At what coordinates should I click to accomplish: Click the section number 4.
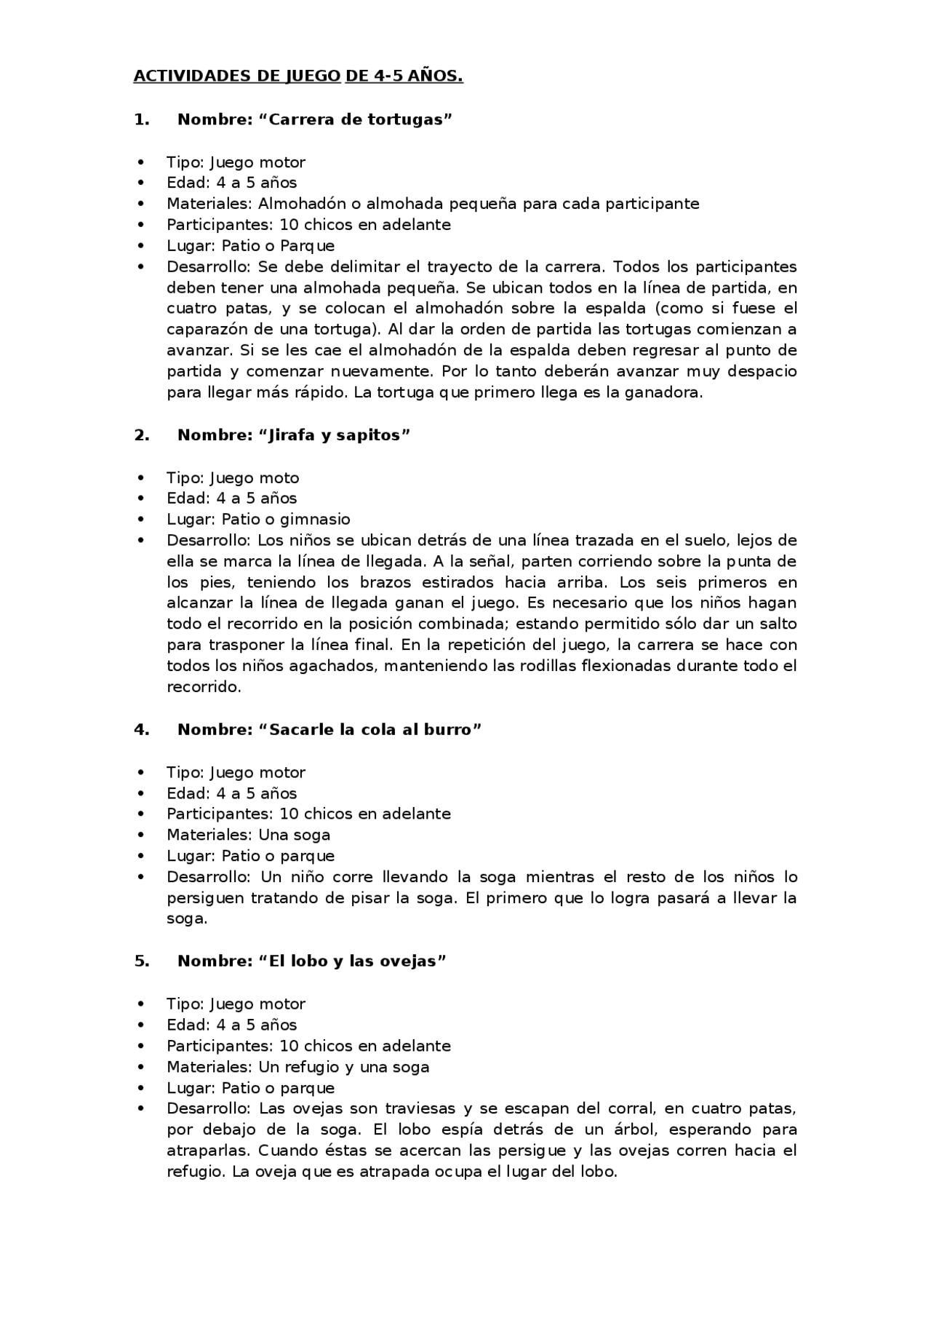(141, 729)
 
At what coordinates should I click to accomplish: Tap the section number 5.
(141, 961)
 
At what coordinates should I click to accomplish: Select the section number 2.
(141, 435)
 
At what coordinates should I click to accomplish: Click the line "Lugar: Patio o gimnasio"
(258, 520)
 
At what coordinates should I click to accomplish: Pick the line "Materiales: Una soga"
(248, 835)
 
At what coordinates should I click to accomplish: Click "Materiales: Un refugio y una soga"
(297, 1067)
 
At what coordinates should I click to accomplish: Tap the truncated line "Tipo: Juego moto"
(233, 478)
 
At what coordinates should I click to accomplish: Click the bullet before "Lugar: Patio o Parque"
(141, 246)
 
